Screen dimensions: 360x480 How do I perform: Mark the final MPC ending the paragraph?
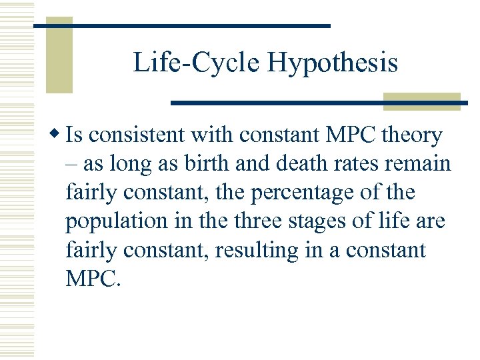[x=93, y=279]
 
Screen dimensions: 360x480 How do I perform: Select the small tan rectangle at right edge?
[x=421, y=101]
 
